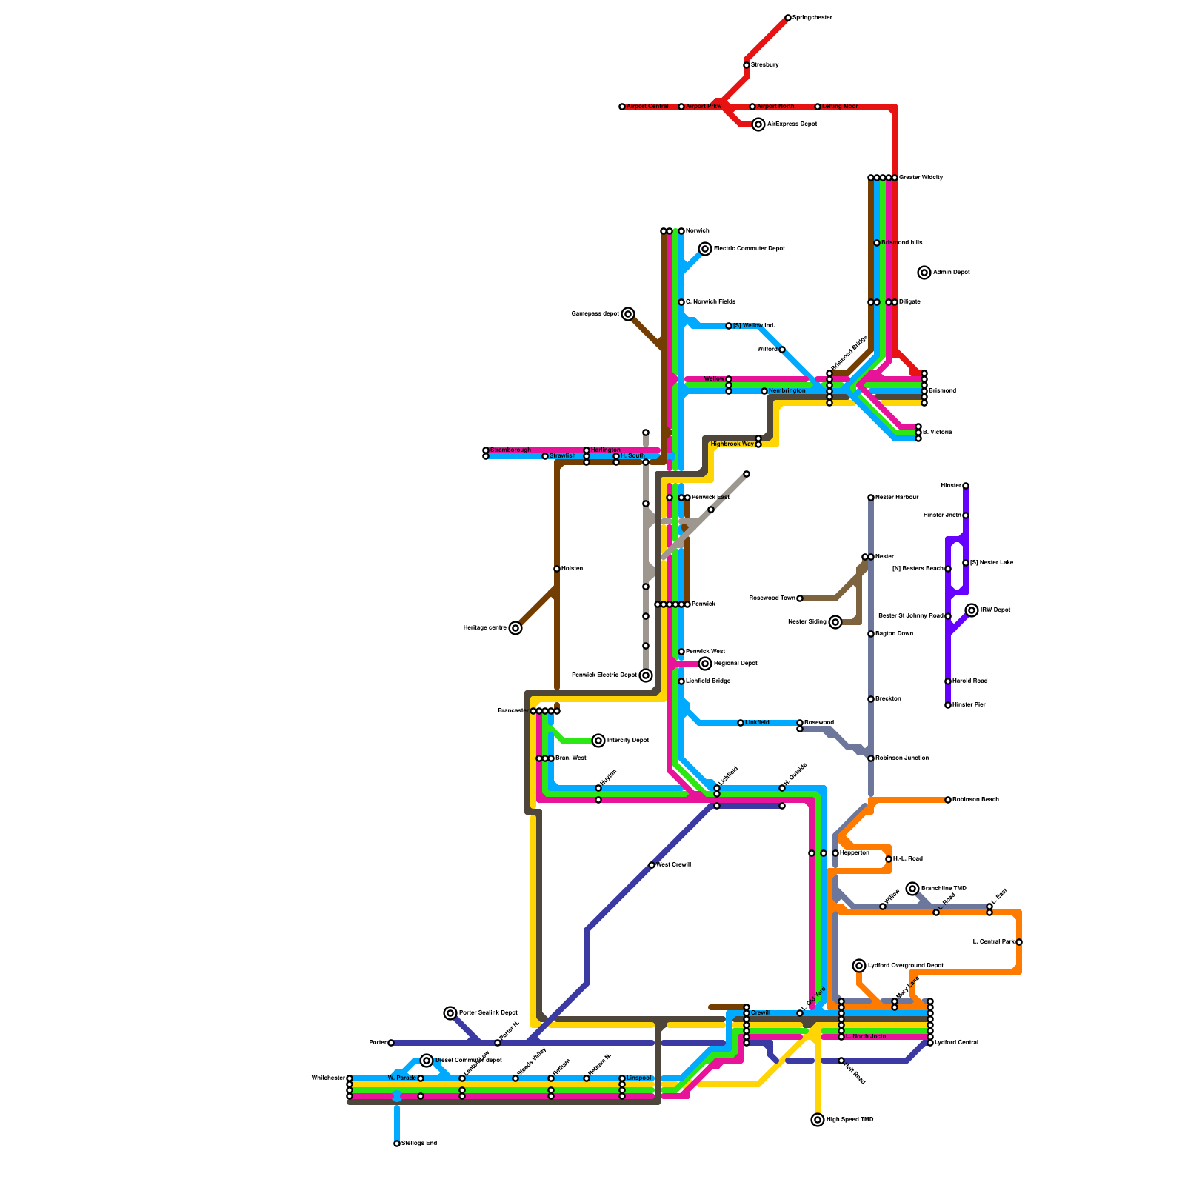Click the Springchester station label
pos(812,18)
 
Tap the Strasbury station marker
pos(747,65)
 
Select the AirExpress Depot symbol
pos(758,124)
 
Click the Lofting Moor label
pos(840,107)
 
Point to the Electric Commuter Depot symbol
pos(705,249)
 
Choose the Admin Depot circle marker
pos(924,273)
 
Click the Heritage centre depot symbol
pos(515,628)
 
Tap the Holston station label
pos(572,569)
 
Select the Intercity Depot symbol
pos(598,741)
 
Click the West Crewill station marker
pos(652,865)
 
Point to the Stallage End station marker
pos(397,1144)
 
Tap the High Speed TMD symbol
pos(818,1120)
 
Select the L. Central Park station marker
pos(1019,942)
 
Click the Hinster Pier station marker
pos(948,705)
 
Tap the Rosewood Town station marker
pos(800,598)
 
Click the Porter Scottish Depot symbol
pos(450,1013)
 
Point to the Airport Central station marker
pos(622,107)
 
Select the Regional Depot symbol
pos(705,664)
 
